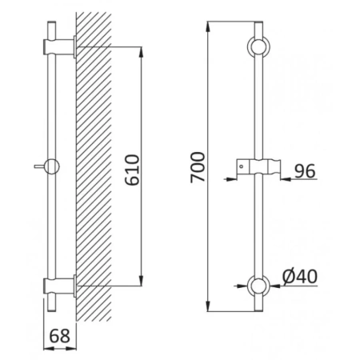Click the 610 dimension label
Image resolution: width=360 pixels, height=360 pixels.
tap(132, 170)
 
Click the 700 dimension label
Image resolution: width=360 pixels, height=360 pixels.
tap(198, 167)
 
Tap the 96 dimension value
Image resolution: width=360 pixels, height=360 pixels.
tap(305, 171)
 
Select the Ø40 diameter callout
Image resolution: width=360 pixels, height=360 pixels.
tap(300, 276)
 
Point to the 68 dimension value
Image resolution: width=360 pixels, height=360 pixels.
tap(60, 336)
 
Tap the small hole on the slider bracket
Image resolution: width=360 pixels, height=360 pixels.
tap(242, 166)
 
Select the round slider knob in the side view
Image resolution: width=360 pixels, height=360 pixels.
tap(52, 166)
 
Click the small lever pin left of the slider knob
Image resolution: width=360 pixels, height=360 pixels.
tap(39, 166)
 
